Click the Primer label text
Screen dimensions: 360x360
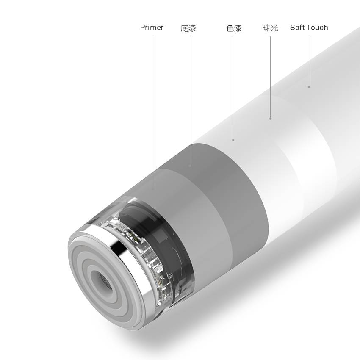[152, 28]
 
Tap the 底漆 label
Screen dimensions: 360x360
[188, 28]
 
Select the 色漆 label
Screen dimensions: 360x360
[234, 28]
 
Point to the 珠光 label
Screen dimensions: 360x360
[271, 28]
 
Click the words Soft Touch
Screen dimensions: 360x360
[309, 28]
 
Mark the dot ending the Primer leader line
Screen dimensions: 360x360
[153, 188]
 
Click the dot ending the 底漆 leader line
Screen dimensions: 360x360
[190, 165]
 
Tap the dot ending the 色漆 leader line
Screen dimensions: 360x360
[233, 140]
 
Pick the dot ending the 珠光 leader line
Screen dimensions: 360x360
[271, 119]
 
